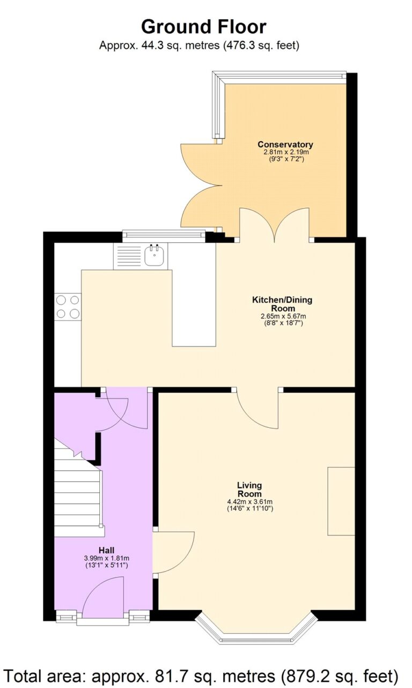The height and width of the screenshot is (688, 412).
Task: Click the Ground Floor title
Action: click(203, 26)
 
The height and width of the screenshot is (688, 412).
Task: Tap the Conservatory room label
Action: click(285, 145)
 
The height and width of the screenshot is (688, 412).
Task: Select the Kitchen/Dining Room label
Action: click(282, 304)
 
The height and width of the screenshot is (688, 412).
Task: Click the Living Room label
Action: click(249, 490)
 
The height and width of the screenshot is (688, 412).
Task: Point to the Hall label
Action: click(107, 550)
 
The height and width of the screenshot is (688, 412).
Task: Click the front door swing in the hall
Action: click(105, 594)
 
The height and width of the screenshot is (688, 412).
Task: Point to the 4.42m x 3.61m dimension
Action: click(250, 502)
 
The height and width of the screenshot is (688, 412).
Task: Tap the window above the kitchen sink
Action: click(164, 233)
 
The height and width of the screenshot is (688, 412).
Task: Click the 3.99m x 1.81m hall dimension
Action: click(107, 558)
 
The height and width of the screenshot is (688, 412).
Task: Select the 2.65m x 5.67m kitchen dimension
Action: click(283, 316)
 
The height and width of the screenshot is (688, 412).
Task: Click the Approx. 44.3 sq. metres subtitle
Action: click(199, 46)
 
